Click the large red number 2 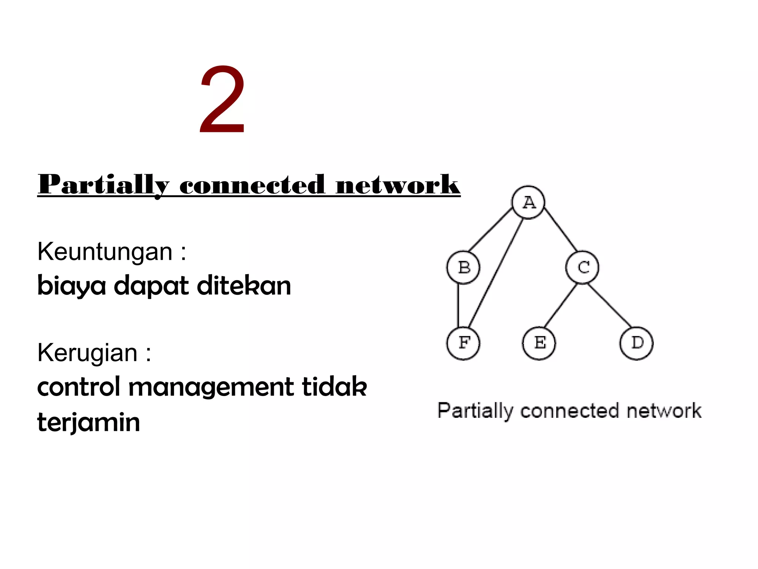(x=222, y=100)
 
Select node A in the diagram (x=528, y=202)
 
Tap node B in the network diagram (x=463, y=267)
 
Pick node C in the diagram (x=582, y=267)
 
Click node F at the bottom (x=463, y=343)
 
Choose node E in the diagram (x=539, y=343)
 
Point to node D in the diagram (x=637, y=343)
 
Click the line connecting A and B (x=490, y=230)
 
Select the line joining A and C (x=560, y=230)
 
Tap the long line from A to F (x=496, y=272)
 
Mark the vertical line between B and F (x=458, y=306)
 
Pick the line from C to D (x=610, y=306)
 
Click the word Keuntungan (x=105, y=252)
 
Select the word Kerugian (x=87, y=353)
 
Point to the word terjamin (x=89, y=422)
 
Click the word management (x=211, y=387)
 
